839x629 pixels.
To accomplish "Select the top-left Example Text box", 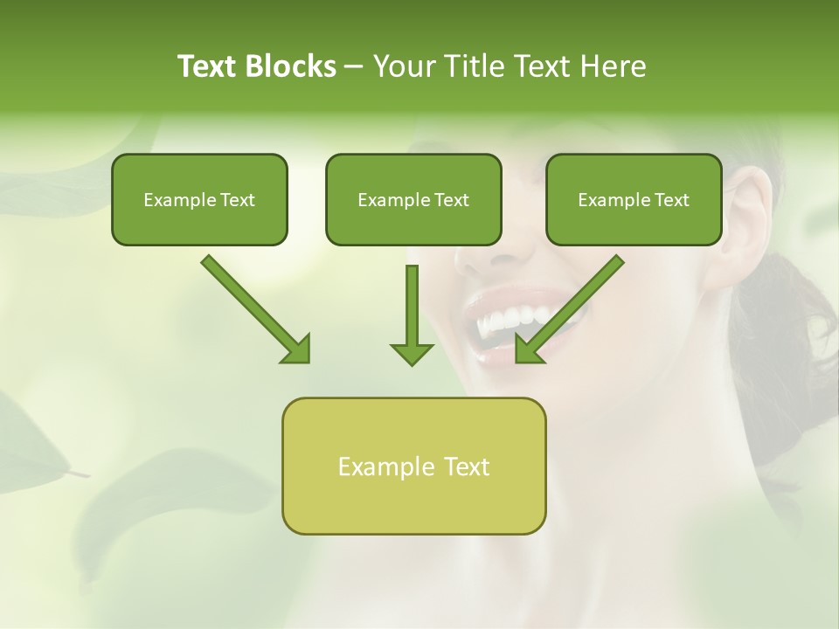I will point(199,199).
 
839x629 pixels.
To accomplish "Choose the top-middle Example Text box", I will point(413,199).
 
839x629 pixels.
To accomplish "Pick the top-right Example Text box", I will point(634,199).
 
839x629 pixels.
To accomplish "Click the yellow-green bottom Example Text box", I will point(413,466).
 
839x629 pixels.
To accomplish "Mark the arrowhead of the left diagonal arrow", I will point(297,349).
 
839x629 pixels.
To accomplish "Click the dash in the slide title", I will point(354,66).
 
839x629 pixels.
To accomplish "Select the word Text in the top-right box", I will point(671,199).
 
